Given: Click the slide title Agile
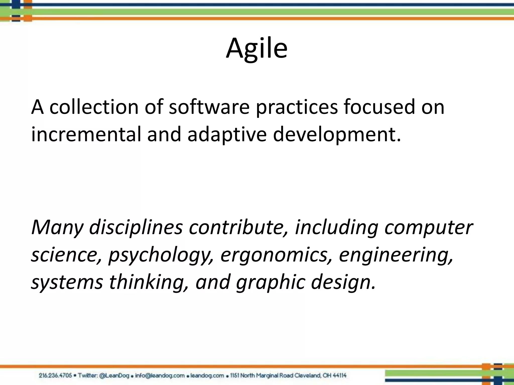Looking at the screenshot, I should pyautogui.click(x=256, y=48).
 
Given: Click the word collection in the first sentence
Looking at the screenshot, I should pyautogui.click(x=94, y=107).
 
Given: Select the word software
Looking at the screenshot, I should pyautogui.click(x=209, y=107).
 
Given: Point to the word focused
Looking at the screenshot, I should pyautogui.click(x=379, y=107).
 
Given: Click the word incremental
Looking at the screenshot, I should pyautogui.click(x=86, y=134).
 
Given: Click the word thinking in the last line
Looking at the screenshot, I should pyautogui.click(x=149, y=282).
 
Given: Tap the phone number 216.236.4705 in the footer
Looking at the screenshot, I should pyautogui.click(x=55, y=375).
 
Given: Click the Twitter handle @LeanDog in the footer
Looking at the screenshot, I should pyautogui.click(x=114, y=375).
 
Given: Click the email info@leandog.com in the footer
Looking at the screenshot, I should pyautogui.click(x=160, y=375).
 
